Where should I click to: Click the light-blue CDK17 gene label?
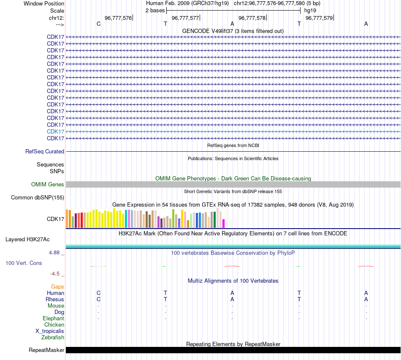(55, 131)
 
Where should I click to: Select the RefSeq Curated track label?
(45, 151)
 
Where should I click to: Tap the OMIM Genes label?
(48, 184)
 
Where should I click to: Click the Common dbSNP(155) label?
(38, 197)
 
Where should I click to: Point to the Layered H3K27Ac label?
(27, 239)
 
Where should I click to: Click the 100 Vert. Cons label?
(24, 263)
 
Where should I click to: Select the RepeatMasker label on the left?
(46, 350)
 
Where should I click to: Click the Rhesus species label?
(55, 299)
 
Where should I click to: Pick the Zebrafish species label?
(53, 337)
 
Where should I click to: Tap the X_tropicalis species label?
(50, 331)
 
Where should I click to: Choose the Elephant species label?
(53, 318)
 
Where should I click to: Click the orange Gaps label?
(57, 286)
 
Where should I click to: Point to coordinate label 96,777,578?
(252, 18)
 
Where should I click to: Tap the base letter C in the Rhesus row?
(98, 299)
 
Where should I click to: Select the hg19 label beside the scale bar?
(310, 10)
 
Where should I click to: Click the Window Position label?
(44, 3)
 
